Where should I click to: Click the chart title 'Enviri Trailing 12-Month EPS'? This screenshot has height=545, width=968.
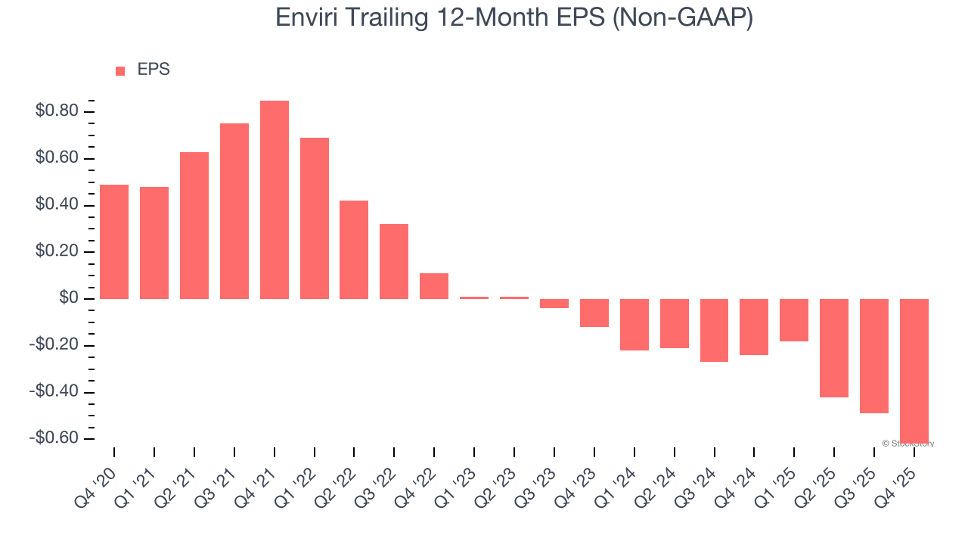(513, 17)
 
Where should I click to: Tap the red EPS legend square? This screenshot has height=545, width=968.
(120, 71)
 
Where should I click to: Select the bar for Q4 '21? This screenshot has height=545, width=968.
(275, 200)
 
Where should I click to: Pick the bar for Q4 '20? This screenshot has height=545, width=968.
(114, 241)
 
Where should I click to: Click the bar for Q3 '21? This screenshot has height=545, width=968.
(234, 211)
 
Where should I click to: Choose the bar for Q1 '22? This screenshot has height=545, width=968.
(315, 218)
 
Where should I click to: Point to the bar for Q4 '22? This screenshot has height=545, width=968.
(434, 286)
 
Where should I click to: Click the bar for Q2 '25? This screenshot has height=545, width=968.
(834, 348)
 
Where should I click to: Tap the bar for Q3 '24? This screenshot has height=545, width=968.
(714, 330)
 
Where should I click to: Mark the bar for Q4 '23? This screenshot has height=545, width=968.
(594, 313)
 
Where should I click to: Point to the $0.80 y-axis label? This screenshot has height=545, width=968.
(56, 112)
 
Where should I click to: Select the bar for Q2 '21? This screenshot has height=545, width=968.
(194, 226)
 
